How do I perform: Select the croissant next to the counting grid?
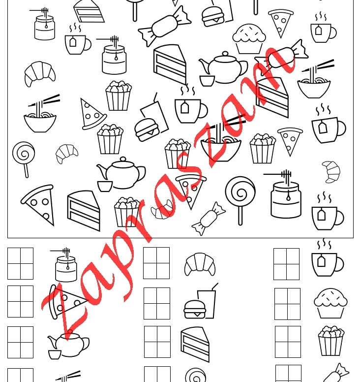tap(200, 264)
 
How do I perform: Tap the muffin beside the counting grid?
tap(330, 303)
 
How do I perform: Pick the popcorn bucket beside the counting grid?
tap(331, 341)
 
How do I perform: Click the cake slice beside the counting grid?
tap(195, 344)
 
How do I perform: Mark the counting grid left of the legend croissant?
tap(156, 263)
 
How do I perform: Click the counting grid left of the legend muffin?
tap(288, 304)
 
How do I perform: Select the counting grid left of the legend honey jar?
tap(21, 263)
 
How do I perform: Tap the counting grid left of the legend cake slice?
tap(157, 342)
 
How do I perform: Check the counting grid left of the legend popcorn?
tap(288, 342)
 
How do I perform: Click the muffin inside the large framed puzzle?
tap(249, 38)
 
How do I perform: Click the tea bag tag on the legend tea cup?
tap(321, 261)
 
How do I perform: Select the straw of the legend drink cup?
tap(215, 286)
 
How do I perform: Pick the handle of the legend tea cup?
tap(340, 264)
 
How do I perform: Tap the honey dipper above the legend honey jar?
tap(60, 251)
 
